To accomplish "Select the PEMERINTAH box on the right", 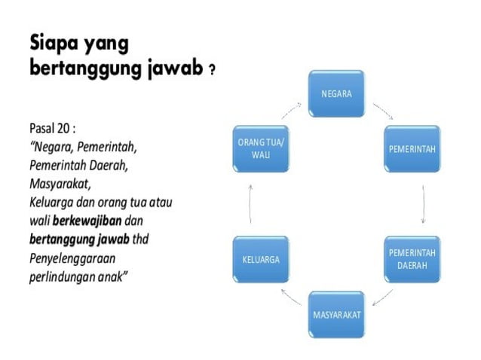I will tap(412, 148).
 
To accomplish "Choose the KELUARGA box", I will tap(261, 259).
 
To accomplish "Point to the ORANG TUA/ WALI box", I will tap(261, 148).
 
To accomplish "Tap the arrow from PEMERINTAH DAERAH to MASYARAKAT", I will tap(384, 295).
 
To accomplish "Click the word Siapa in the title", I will tap(56, 43).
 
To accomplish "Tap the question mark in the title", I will tap(213, 71).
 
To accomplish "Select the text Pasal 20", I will tap(51, 127).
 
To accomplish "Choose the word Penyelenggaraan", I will tap(72, 258).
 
